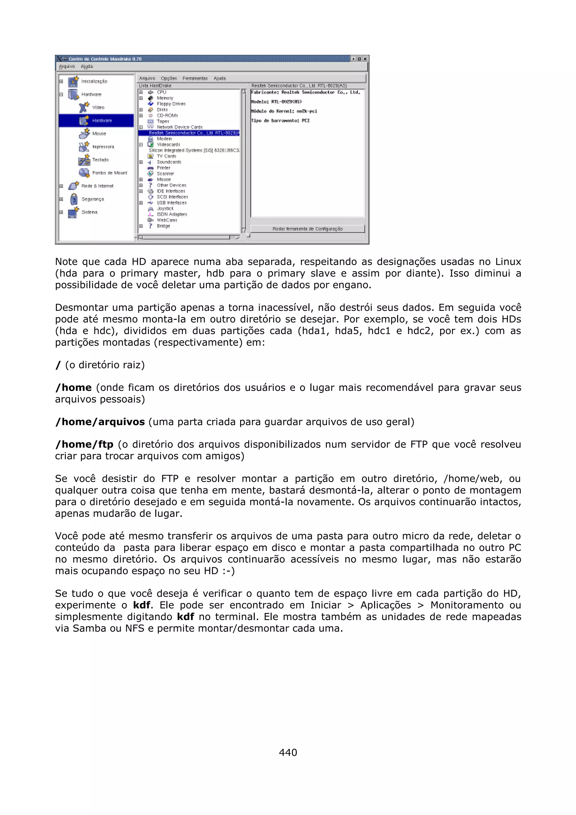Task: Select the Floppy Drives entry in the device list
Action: coord(171,104)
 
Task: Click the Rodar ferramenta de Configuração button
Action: coord(307,229)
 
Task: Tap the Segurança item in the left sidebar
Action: coord(93,199)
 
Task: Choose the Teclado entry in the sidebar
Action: coord(100,160)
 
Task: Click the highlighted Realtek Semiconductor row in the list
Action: coord(189,133)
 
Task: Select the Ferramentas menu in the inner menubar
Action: coord(195,78)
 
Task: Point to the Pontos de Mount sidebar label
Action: coord(110,173)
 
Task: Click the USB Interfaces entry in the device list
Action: coord(172,203)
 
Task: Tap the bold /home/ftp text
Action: coord(84,444)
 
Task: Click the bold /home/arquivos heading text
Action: coord(100,422)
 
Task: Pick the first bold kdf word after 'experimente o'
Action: coord(141,605)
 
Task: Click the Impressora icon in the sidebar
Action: coord(84,147)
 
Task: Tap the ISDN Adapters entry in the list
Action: coord(172,214)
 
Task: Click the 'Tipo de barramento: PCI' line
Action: coord(280,121)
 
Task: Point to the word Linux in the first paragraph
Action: coord(508,262)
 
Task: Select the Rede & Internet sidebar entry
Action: coord(97,186)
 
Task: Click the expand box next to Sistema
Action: coord(61,212)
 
